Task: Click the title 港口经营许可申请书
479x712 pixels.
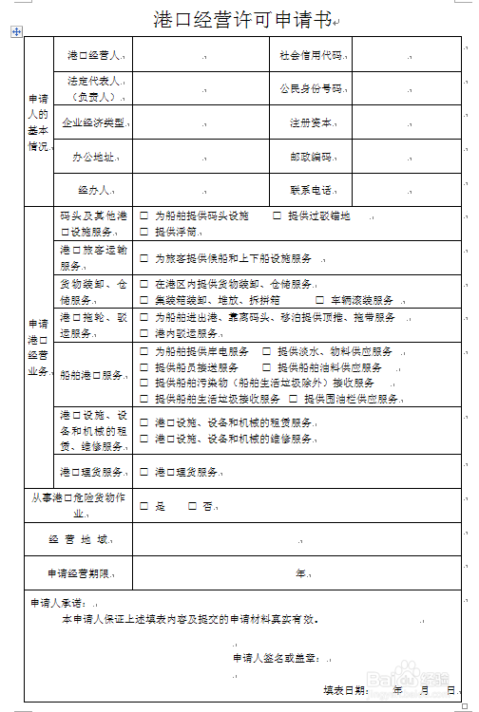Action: click(243, 19)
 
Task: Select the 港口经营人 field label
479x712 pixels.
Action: click(92, 56)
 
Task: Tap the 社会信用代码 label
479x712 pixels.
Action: click(311, 56)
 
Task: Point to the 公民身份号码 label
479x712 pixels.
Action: click(310, 89)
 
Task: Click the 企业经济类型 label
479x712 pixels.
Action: click(92, 122)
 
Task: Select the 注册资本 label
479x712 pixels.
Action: click(311, 122)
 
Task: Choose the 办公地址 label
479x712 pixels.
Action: click(92, 156)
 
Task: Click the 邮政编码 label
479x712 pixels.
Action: click(311, 156)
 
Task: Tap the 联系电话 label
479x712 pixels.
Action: click(311, 189)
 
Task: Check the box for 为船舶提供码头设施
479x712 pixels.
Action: click(144, 216)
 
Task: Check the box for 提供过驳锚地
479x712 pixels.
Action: click(278, 216)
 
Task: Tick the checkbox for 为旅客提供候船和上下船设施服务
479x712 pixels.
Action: click(144, 258)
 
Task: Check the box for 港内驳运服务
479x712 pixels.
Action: click(144, 334)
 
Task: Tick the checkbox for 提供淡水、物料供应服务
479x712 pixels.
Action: click(267, 352)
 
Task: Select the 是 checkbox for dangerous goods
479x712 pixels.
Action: click(144, 507)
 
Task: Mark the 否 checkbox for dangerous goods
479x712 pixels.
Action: click(192, 507)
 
